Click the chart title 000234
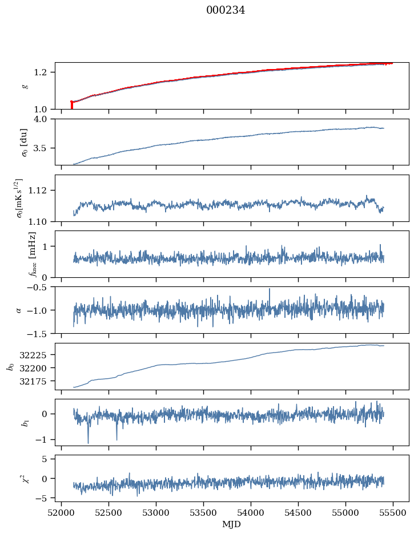pyautogui.click(x=226, y=10)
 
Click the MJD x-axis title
pyautogui.click(x=231, y=524)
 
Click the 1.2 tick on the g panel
pyautogui.click(x=44, y=72)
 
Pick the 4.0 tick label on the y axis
pyautogui.click(x=44, y=119)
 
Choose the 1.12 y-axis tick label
pyautogui.click(x=42, y=191)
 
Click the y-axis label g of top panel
pyautogui.click(x=24, y=86)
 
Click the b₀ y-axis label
pyautogui.click(x=10, y=366)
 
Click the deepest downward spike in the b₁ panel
pyautogui.click(x=88, y=442)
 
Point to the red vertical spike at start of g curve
pyautogui.click(x=71, y=105)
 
